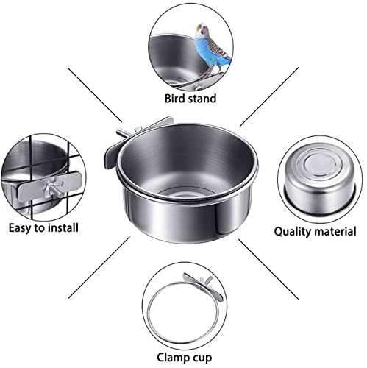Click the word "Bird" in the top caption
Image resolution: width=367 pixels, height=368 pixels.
(x=174, y=99)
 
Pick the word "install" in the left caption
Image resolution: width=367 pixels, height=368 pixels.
(x=63, y=227)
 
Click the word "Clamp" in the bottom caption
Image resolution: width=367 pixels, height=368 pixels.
(x=173, y=358)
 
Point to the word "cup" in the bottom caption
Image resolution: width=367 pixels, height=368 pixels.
(x=202, y=358)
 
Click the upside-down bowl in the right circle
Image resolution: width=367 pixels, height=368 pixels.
(x=320, y=182)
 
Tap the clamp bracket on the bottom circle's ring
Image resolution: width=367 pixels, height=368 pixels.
(x=203, y=286)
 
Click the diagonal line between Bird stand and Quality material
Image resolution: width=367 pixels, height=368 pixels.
(x=269, y=96)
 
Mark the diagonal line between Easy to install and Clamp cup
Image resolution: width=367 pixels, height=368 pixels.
(x=99, y=267)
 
